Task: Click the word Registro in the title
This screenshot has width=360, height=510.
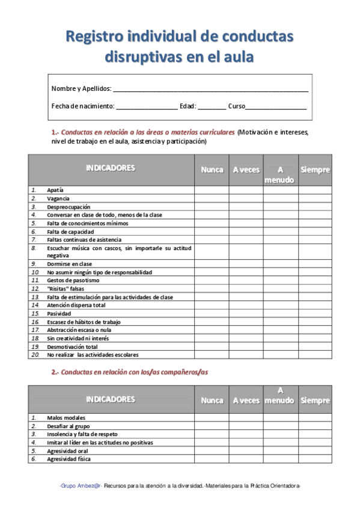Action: point(95,37)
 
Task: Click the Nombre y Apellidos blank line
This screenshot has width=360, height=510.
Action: point(210,88)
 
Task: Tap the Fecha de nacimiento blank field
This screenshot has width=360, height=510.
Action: point(146,106)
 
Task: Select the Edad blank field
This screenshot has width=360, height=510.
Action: point(212,106)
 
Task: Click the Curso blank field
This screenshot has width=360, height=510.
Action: point(276,106)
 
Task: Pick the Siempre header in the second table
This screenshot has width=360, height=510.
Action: point(315,400)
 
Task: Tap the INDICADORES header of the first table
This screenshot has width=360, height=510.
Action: point(111,168)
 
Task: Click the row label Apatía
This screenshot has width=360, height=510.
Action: point(55,190)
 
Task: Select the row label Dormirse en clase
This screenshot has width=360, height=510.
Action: point(69,264)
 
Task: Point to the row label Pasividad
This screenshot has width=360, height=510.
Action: point(59,313)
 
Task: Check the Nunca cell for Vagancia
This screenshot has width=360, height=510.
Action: point(212,198)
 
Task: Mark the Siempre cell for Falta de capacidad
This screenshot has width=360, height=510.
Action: point(315,232)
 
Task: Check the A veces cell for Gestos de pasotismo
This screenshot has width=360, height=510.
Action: point(246,280)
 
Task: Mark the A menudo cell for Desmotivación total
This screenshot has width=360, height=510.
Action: point(281,346)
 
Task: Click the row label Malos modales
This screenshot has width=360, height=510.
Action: point(66,417)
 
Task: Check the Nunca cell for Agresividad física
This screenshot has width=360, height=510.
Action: point(212,459)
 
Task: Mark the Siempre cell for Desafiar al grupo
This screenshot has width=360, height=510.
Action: point(315,426)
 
